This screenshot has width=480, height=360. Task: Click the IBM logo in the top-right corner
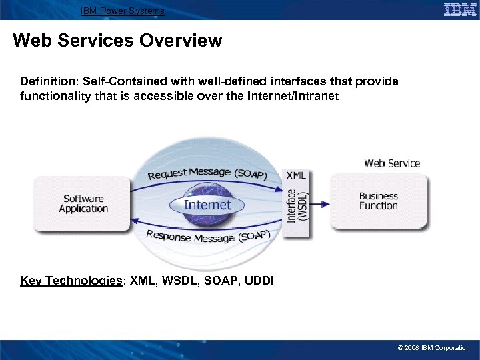pyautogui.click(x=459, y=10)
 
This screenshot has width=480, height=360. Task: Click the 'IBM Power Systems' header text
pyautogui.click(x=122, y=11)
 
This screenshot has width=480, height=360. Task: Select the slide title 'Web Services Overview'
pyautogui.click(x=117, y=41)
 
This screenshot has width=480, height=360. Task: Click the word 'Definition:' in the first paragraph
pyautogui.click(x=49, y=81)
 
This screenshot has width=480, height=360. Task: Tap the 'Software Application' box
pyautogui.click(x=83, y=203)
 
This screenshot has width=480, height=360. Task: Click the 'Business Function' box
pyautogui.click(x=378, y=201)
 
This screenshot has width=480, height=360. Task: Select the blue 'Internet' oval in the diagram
pyautogui.click(x=207, y=205)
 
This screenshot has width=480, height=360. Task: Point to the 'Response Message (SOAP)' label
pyautogui.click(x=207, y=236)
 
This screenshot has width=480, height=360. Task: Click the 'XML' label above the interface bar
pyautogui.click(x=296, y=175)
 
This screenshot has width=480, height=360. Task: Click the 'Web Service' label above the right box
pyautogui.click(x=392, y=163)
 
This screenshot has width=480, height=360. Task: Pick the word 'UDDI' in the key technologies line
pyautogui.click(x=259, y=281)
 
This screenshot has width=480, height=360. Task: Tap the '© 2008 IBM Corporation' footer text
pyautogui.click(x=433, y=348)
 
